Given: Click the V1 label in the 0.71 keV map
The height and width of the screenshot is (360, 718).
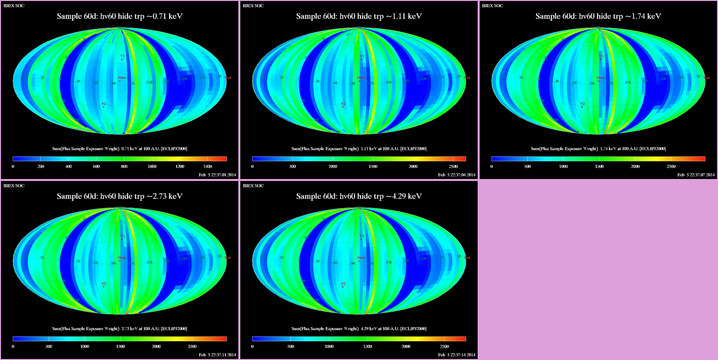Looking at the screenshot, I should (x=122, y=56).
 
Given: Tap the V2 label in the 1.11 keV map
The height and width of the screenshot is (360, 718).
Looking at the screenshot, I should (x=343, y=104).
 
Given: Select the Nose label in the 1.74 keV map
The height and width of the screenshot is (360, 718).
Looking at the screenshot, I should (x=600, y=78).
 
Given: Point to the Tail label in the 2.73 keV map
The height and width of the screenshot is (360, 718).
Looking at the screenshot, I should (x=228, y=258).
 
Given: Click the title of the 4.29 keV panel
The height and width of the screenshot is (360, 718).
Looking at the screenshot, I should (x=359, y=196).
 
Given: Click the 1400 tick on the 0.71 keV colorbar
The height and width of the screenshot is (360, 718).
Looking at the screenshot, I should (x=208, y=167).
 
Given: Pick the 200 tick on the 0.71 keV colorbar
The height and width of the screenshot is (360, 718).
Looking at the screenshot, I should (x=41, y=167).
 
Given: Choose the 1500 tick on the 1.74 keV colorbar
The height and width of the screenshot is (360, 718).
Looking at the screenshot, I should (x=599, y=167).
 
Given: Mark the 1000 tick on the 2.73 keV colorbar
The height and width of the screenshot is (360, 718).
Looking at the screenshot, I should (x=84, y=347).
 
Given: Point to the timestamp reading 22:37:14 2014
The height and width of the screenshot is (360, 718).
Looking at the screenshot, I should (x=457, y=355).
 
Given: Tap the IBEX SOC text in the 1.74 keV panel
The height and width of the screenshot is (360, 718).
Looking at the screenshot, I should (x=493, y=5).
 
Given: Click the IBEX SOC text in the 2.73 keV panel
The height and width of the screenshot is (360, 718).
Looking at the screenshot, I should (x=14, y=185).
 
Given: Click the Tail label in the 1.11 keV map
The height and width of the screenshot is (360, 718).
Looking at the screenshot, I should (x=467, y=78).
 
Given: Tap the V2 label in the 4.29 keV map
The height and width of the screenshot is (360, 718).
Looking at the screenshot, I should (x=343, y=284).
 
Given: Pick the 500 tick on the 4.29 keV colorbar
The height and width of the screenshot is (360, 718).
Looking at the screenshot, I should (x=290, y=347).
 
